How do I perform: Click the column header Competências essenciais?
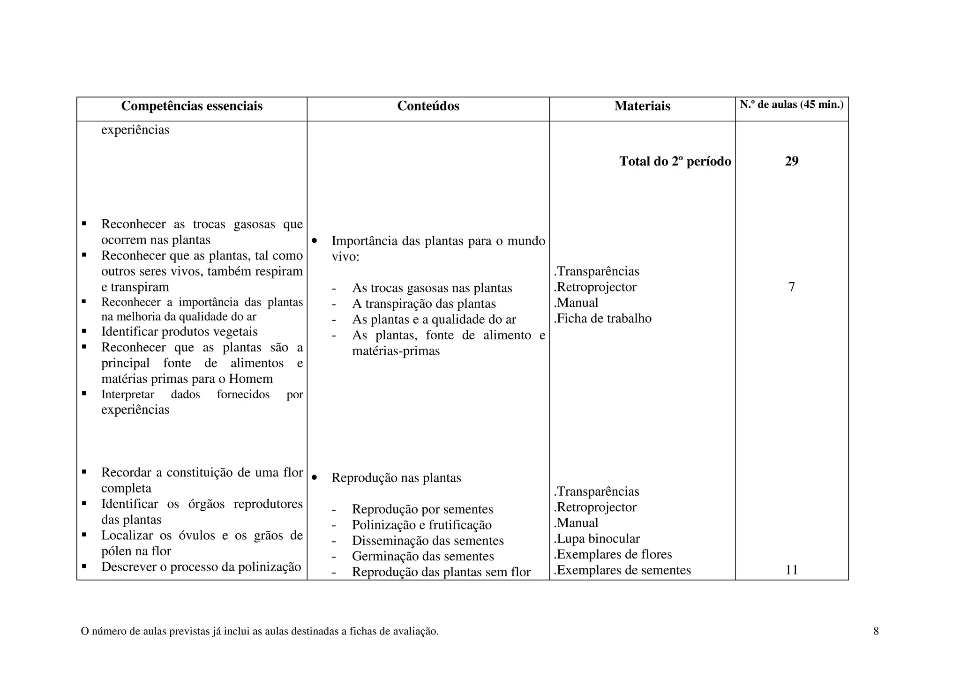point(192,106)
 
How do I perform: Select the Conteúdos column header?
point(428,106)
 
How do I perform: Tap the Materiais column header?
point(642,106)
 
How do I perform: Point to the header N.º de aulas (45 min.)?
point(791,105)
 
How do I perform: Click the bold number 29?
point(791,162)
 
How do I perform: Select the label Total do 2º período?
point(675,162)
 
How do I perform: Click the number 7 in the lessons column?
point(791,287)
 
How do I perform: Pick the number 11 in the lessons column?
point(791,570)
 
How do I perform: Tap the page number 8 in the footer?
point(876,632)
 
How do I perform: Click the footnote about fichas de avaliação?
point(260,632)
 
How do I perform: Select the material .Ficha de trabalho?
point(602,319)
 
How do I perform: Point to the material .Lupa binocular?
point(597,539)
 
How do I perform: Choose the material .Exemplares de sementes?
point(622,570)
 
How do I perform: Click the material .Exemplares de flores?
point(613,555)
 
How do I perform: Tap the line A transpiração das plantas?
point(424,304)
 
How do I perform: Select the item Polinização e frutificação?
point(422,525)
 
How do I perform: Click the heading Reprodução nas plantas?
point(396,478)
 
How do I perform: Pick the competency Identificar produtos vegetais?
point(179,332)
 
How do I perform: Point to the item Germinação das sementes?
point(423,557)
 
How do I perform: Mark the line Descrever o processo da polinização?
point(201,567)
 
